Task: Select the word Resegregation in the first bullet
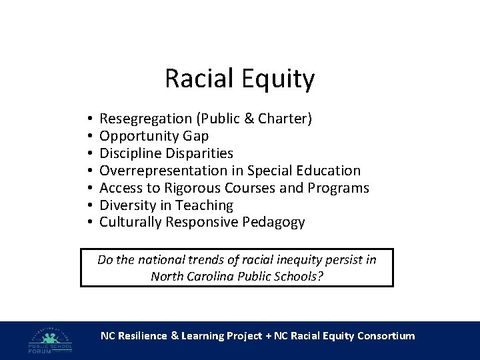point(145,119)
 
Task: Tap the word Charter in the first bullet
point(285,119)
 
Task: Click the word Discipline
point(129,153)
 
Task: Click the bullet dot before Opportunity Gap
point(89,137)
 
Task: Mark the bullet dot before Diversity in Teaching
point(89,206)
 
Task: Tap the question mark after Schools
point(321,276)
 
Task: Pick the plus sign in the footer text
point(267,336)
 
